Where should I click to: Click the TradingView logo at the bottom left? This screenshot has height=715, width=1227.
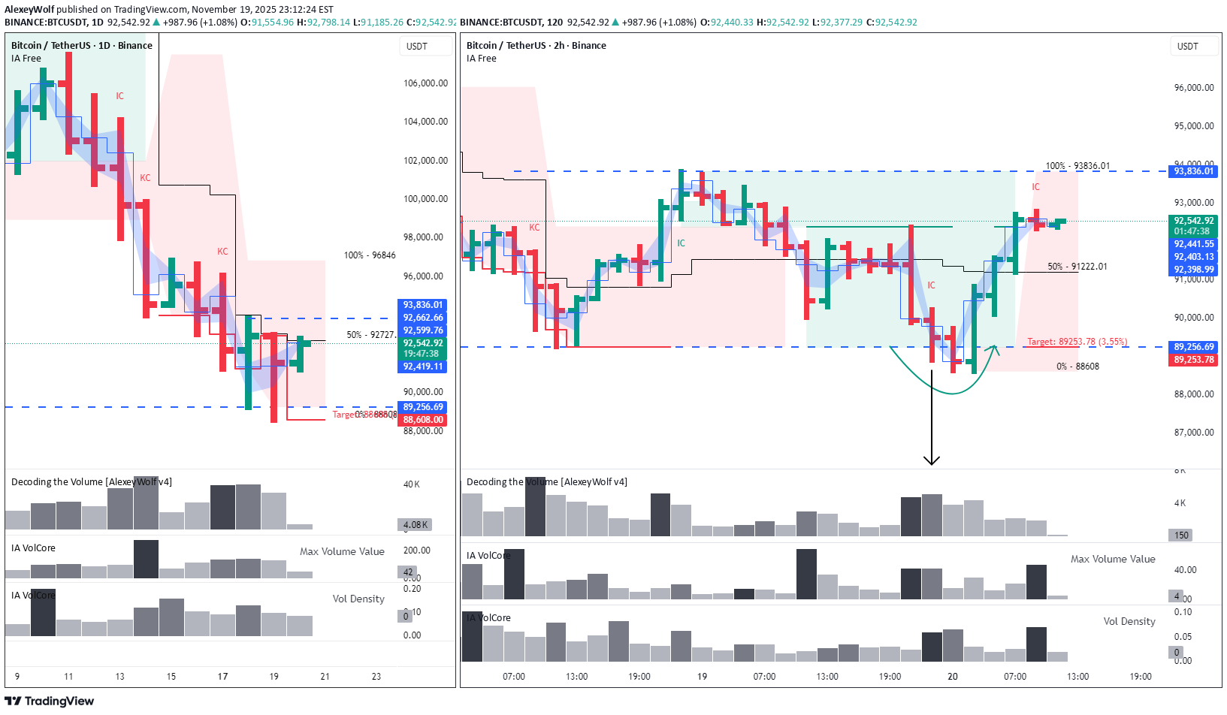50,701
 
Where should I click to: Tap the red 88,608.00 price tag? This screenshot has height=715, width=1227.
423,420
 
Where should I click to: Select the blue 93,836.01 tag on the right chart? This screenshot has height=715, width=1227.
1194,171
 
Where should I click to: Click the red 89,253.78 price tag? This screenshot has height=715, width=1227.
1194,360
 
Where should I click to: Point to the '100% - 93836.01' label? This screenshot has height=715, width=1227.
1077,166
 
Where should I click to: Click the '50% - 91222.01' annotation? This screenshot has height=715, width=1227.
1077,267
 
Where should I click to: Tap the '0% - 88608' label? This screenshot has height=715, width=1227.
1077,367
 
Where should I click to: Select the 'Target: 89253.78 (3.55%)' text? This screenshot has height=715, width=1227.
1077,342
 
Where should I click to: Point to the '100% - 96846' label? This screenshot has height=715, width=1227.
370,255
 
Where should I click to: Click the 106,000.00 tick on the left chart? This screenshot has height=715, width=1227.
425,83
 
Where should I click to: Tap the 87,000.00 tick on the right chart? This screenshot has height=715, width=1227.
1194,433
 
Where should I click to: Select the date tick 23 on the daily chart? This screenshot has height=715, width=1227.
376,677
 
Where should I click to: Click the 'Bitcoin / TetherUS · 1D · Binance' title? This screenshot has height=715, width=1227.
82,46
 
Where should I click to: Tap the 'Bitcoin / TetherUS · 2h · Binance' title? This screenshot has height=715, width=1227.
536,46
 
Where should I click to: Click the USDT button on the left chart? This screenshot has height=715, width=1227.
417,47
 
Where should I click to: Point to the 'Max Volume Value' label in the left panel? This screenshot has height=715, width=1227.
342,551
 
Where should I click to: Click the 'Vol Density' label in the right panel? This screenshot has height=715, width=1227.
1129,621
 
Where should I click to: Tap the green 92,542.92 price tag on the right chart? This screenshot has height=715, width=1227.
1194,221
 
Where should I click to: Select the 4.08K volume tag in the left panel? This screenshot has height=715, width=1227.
416,525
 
